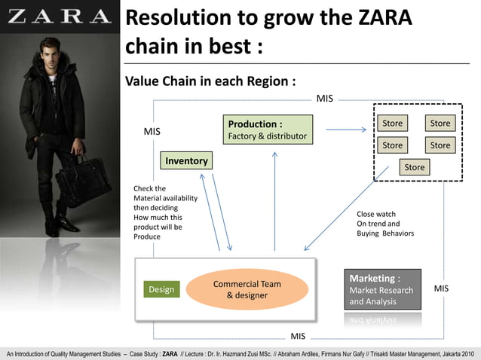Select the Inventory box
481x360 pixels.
click(186, 161)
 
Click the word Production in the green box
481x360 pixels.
click(255, 124)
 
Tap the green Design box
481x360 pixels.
click(161, 289)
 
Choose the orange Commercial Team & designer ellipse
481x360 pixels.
click(247, 290)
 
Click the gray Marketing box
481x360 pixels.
click(382, 290)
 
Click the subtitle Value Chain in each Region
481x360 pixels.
click(210, 81)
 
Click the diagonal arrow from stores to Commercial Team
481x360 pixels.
click(347, 209)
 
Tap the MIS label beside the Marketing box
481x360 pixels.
click(441, 288)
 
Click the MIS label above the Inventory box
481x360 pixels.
click(152, 132)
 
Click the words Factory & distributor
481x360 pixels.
click(267, 136)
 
